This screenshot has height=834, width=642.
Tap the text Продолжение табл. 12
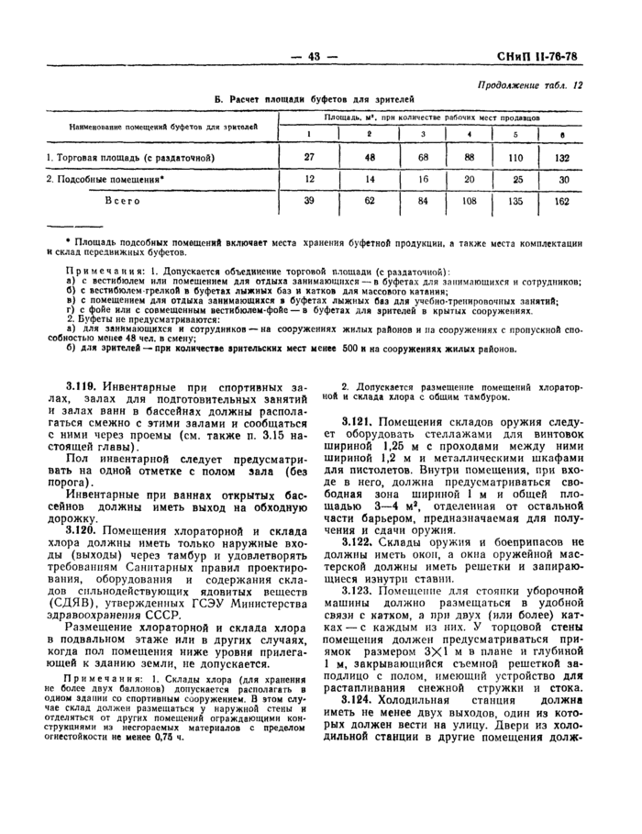530,84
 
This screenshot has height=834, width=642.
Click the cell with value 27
308,157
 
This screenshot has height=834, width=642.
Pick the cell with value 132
560,157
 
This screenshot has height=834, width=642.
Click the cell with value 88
469,157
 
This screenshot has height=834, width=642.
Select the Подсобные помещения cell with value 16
423,179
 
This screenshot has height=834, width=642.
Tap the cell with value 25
516,179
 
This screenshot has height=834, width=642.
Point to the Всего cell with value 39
308,200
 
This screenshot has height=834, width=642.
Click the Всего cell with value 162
560,200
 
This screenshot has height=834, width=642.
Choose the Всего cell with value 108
469,200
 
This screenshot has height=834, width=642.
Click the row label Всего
122,200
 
